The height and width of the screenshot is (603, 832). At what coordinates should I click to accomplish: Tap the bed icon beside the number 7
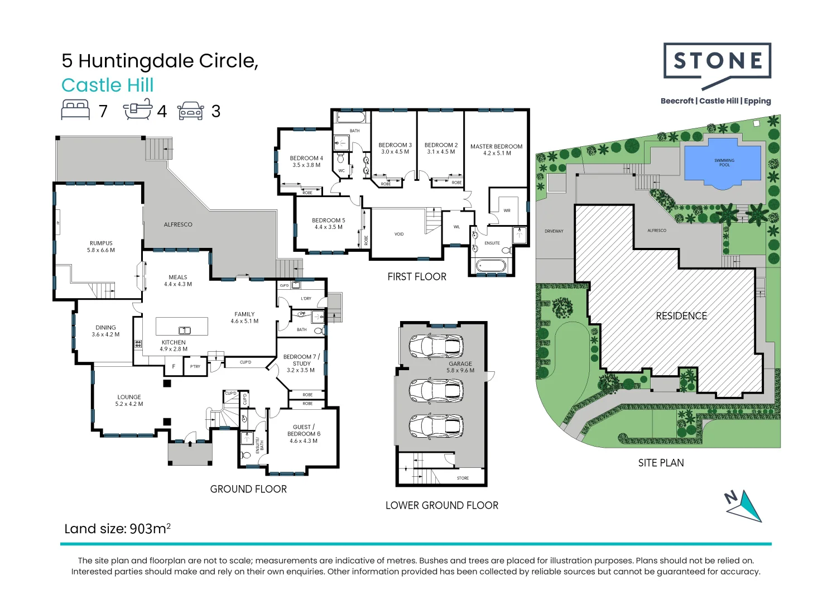75,110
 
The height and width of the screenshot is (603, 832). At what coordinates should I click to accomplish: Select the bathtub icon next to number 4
138,109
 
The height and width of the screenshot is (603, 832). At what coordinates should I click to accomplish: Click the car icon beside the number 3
191,111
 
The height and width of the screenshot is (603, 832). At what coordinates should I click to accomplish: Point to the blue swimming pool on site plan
723,162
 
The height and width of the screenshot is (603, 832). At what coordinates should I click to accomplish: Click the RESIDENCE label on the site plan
681,316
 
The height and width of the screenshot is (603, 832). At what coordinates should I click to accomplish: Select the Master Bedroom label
496,150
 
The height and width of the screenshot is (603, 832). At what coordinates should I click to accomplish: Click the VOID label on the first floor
399,234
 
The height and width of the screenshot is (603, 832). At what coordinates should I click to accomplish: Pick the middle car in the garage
436,391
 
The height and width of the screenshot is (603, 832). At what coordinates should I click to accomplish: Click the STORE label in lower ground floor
463,478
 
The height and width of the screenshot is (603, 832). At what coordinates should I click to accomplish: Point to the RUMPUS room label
101,247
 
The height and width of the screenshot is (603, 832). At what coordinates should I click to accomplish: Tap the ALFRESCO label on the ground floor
178,224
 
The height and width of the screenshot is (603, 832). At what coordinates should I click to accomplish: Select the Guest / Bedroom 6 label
304,434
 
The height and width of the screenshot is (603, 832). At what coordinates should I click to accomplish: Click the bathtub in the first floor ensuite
490,265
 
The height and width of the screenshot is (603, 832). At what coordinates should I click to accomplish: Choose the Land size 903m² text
117,529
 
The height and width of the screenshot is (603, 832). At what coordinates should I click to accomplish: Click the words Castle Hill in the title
107,85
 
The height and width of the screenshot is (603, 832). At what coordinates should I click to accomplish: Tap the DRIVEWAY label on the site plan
554,231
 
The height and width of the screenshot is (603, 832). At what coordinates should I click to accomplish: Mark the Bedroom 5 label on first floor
328,224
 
